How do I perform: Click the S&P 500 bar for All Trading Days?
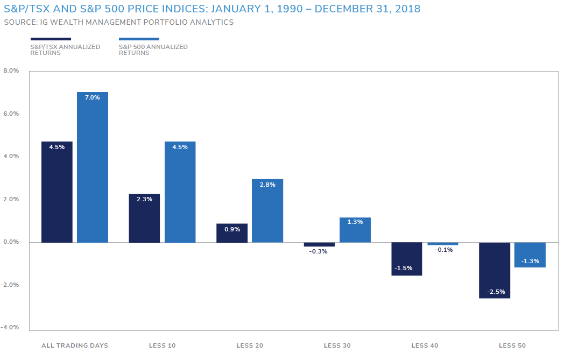(93, 167)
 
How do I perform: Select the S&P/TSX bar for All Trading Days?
(57, 192)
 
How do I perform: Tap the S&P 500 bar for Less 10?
(180, 192)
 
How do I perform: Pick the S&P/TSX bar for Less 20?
(232, 233)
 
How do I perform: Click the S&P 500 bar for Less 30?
(355, 230)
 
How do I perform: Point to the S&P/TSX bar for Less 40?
(407, 259)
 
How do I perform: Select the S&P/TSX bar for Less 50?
(495, 270)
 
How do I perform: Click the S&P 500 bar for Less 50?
(530, 255)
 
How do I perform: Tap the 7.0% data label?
(93, 98)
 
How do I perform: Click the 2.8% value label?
(267, 185)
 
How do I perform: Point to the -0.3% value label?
(319, 251)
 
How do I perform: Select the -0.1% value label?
(443, 250)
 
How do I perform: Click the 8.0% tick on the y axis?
(11, 70)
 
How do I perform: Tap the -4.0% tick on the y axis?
(10, 327)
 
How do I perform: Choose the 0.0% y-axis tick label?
(11, 242)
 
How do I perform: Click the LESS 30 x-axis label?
(337, 345)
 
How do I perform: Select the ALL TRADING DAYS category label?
(75, 345)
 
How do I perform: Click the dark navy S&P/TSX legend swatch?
(51, 39)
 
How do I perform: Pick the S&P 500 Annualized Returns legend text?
(153, 50)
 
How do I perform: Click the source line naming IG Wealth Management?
(119, 22)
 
